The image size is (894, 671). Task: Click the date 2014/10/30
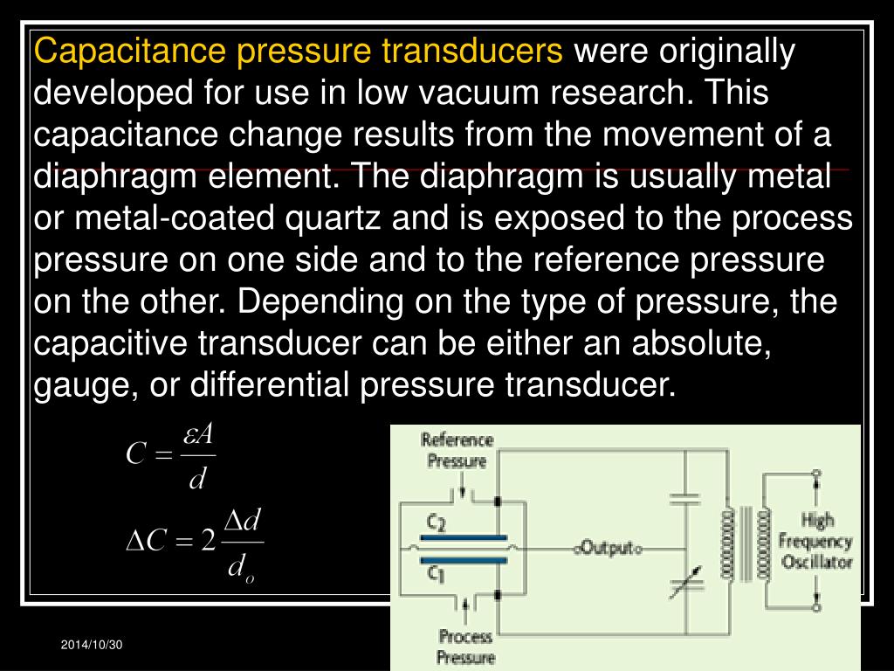tap(93, 645)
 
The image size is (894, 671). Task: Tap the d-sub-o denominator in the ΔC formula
tap(242, 569)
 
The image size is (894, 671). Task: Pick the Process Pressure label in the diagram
tap(466, 647)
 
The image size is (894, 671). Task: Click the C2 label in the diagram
tap(436, 523)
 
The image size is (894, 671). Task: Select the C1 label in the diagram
tap(436, 572)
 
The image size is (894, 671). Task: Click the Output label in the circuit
tap(607, 549)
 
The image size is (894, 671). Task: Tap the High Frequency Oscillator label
tap(816, 542)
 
